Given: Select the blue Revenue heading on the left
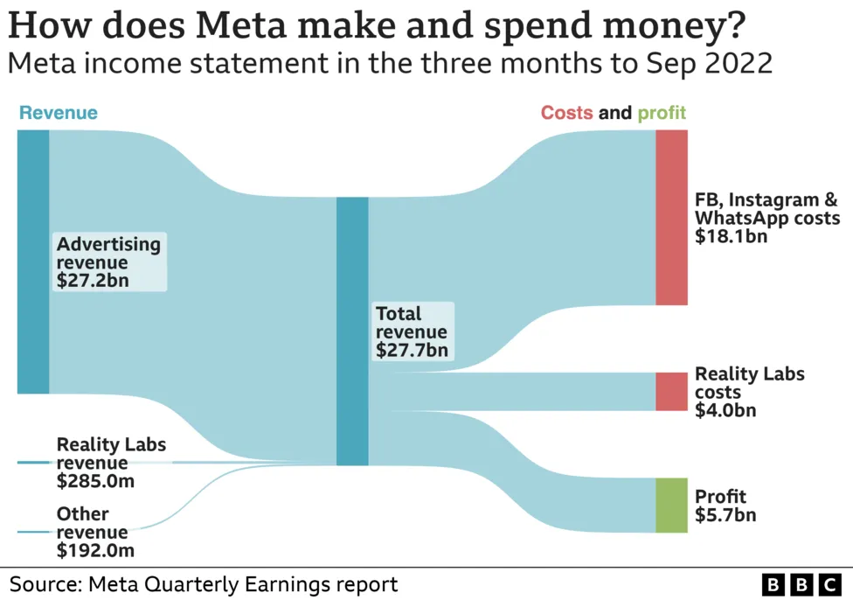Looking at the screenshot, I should pyautogui.click(x=59, y=113).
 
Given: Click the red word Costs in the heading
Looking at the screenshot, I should pyautogui.click(x=566, y=113).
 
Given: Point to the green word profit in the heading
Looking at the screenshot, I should pyautogui.click(x=662, y=113).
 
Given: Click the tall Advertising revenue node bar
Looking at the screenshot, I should pyautogui.click(x=33, y=262).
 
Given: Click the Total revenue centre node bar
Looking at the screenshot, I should pyautogui.click(x=352, y=331).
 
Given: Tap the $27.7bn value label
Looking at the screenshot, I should pyautogui.click(x=412, y=351).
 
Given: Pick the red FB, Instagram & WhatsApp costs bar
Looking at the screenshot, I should pyautogui.click(x=671, y=217).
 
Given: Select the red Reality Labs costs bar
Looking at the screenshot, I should pyautogui.click(x=671, y=391).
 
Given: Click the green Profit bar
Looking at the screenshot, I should pyautogui.click(x=671, y=505).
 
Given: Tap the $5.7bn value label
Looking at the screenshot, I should pyautogui.click(x=725, y=515).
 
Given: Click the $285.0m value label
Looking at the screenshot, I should pyautogui.click(x=96, y=481).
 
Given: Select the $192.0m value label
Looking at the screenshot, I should pyautogui.click(x=96, y=550).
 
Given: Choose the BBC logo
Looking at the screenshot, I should pyautogui.click(x=801, y=584).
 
